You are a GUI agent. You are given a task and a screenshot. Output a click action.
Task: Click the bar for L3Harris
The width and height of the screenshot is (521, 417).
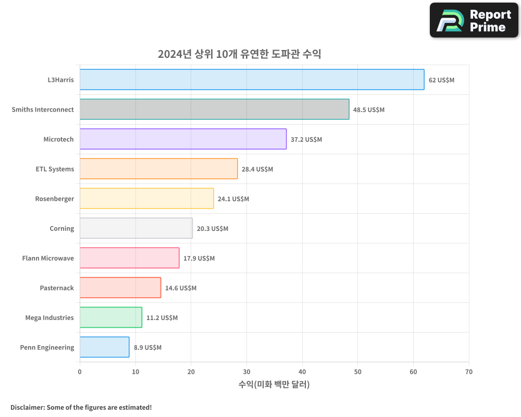click(252, 80)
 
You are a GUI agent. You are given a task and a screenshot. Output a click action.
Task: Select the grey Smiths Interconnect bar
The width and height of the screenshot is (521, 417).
click(214, 109)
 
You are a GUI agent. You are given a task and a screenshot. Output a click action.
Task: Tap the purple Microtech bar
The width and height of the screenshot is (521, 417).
click(183, 139)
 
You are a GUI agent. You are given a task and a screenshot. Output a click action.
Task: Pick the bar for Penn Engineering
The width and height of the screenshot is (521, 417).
click(104, 347)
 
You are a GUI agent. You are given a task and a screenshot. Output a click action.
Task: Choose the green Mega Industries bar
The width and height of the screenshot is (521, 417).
click(110, 317)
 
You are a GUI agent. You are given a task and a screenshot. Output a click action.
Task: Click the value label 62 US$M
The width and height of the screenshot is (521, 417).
click(441, 80)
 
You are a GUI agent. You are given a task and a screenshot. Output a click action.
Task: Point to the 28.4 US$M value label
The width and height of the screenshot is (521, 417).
click(257, 169)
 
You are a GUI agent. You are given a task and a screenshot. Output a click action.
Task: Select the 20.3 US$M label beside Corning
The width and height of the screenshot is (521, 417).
click(213, 229)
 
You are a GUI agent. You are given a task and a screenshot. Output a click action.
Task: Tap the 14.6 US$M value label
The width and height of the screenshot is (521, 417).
click(181, 288)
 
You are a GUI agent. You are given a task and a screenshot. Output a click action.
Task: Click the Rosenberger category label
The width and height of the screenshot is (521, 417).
click(55, 199)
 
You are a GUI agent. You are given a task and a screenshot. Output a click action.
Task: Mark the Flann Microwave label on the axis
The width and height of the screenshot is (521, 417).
click(48, 259)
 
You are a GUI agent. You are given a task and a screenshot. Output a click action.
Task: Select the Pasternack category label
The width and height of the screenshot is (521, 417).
click(57, 288)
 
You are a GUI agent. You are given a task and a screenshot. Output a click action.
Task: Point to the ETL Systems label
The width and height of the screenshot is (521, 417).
click(55, 169)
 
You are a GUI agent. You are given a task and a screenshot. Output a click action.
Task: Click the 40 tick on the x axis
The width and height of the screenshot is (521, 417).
click(302, 372)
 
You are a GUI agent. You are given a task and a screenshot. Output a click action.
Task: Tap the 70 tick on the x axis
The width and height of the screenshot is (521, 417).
click(469, 372)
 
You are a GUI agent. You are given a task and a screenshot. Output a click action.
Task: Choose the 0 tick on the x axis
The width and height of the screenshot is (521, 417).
click(80, 372)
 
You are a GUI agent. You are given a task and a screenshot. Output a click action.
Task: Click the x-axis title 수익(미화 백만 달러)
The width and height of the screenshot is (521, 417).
click(274, 385)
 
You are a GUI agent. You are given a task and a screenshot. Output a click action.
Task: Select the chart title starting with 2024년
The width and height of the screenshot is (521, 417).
click(240, 54)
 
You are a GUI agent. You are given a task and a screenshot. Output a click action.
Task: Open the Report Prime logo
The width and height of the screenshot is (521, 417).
click(474, 20)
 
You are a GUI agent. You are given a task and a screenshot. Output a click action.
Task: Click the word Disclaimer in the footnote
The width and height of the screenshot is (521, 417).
click(27, 407)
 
